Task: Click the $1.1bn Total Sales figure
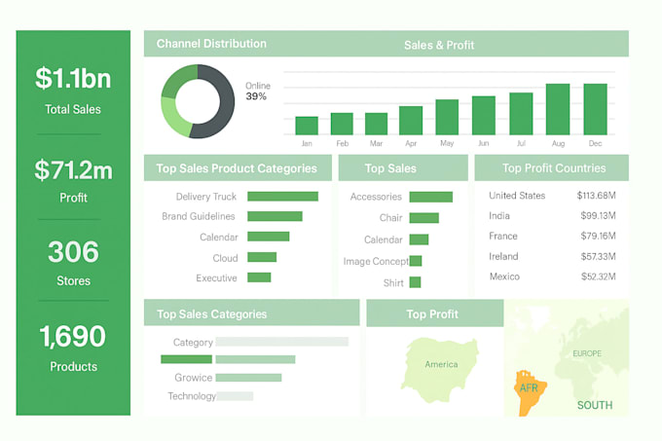tap(73, 78)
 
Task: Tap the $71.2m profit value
tap(73, 170)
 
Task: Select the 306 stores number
tap(73, 252)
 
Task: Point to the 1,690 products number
tap(73, 337)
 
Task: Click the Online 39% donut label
tap(257, 92)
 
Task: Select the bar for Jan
tap(307, 126)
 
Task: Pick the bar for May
tap(447, 117)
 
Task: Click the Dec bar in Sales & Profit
tap(595, 109)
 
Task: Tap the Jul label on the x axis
tap(521, 144)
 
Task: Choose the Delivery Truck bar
tap(282, 197)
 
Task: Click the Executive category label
tap(216, 278)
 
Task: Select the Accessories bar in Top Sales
tap(430, 197)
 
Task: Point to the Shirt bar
tap(415, 282)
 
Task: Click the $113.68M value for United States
tap(593, 196)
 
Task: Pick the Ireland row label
tap(503, 256)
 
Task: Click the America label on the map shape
tap(441, 365)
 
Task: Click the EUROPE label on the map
tap(587, 353)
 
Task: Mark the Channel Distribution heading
tap(211, 44)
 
